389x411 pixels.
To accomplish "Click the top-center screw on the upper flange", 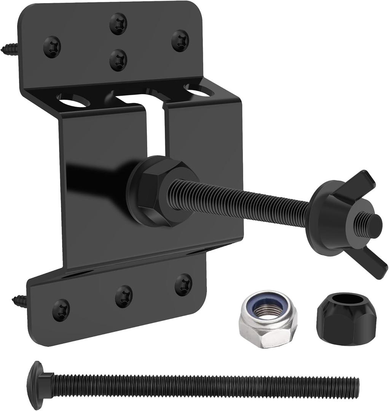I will pos(118,24).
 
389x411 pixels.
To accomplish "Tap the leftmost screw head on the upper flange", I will pos(53,47).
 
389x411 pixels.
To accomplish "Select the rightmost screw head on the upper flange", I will pos(180,41).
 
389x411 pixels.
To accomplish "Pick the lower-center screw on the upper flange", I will pos(118,61).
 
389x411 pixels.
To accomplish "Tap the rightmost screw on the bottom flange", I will pos(183,284).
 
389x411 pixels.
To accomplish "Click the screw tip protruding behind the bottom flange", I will pos(19,300).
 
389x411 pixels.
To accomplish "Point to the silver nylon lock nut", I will pos(268,319).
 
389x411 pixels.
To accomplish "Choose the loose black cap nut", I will pos(346,313).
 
